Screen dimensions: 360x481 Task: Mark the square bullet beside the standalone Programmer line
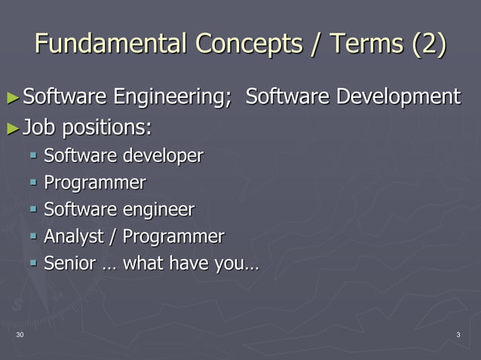[34, 183]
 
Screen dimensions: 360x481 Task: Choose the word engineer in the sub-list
[159, 210]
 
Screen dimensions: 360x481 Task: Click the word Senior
[69, 264]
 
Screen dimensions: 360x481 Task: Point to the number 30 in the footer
[19, 334]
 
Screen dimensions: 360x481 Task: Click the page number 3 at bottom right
[458, 334]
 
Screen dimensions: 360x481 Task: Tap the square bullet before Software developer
[34, 156]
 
